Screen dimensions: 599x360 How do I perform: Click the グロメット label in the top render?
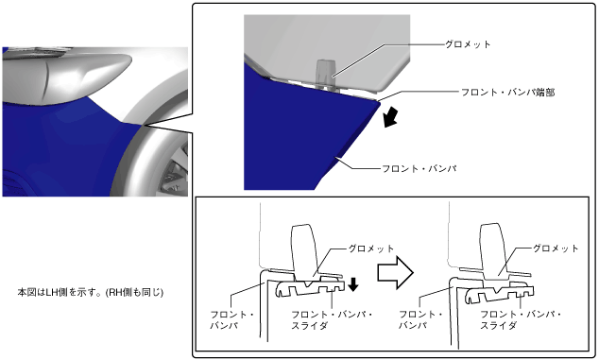[468, 44]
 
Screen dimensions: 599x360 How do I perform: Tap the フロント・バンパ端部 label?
[507, 92]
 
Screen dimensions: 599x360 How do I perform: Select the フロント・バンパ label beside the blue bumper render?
[419, 168]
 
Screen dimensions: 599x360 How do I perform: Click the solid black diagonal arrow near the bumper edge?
[391, 117]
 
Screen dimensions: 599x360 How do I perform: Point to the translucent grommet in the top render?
[325, 74]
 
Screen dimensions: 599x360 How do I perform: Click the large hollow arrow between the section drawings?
[395, 272]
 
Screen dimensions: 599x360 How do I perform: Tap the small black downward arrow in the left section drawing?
[353, 284]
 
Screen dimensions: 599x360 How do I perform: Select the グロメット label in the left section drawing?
[370, 249]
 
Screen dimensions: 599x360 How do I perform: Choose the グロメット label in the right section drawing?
[556, 249]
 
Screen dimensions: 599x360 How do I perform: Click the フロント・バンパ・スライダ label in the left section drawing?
[332, 320]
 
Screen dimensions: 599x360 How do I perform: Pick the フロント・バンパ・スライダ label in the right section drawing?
[521, 320]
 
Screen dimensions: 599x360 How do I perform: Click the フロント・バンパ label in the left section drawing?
[231, 320]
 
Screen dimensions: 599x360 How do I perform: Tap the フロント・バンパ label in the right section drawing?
[420, 320]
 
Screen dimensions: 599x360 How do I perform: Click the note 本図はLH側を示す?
[91, 293]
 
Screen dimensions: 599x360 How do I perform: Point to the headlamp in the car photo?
[67, 78]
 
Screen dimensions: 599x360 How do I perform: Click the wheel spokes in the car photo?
[175, 172]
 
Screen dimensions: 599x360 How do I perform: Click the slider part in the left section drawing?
[310, 287]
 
